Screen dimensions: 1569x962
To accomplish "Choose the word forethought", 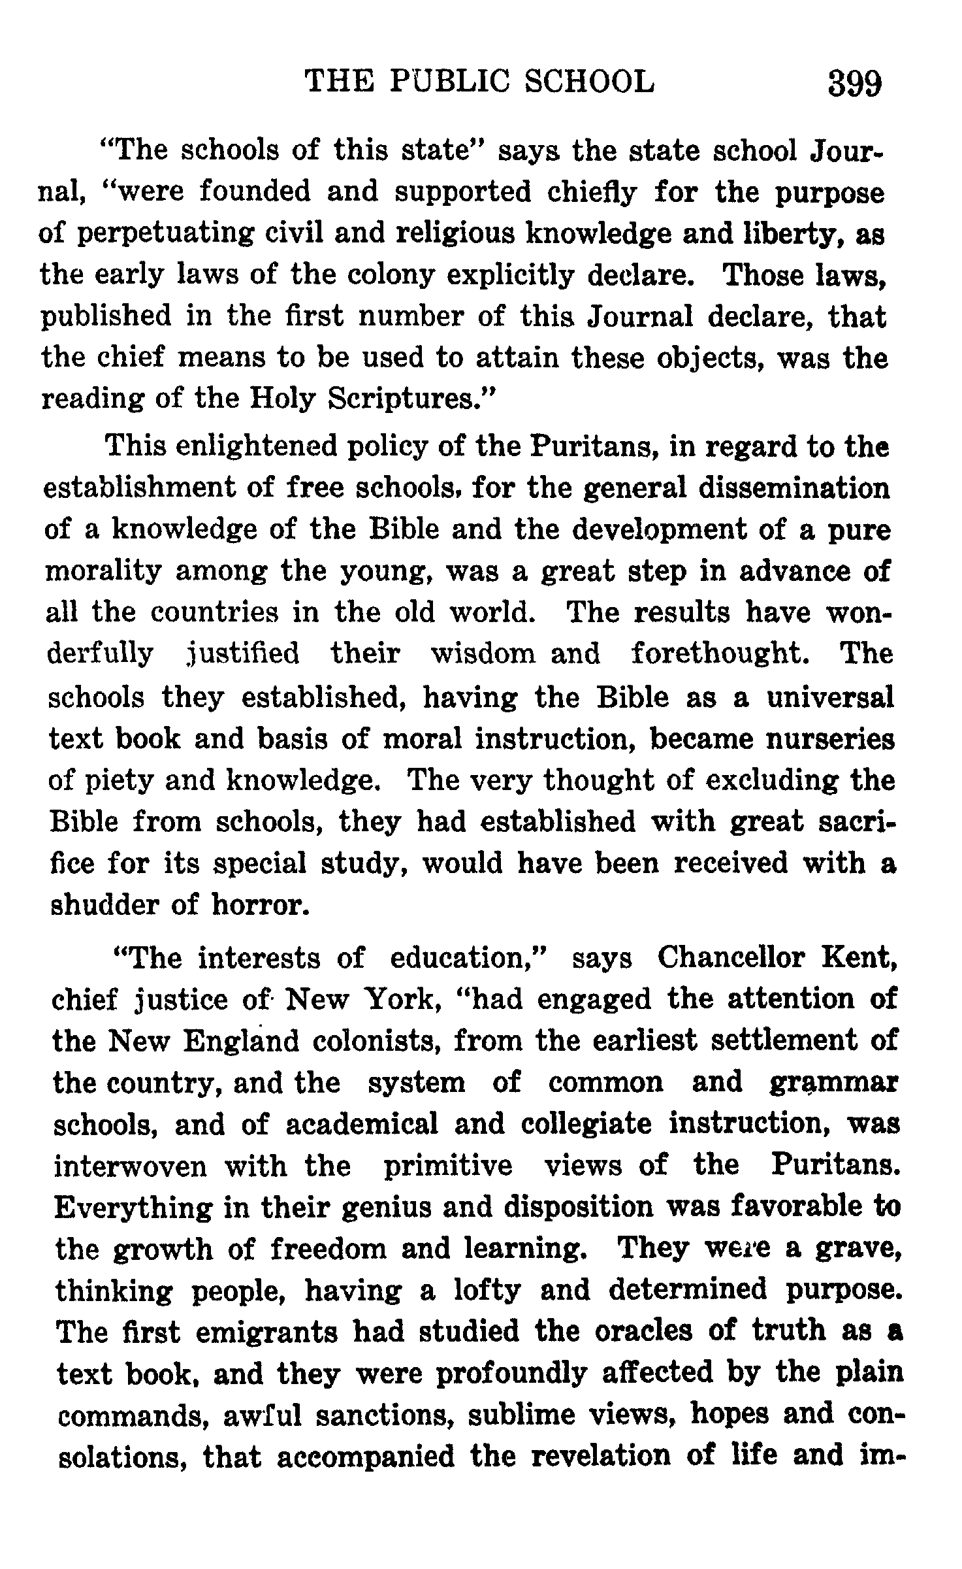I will [x=720, y=653].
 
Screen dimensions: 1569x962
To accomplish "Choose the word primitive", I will [x=447, y=1166].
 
